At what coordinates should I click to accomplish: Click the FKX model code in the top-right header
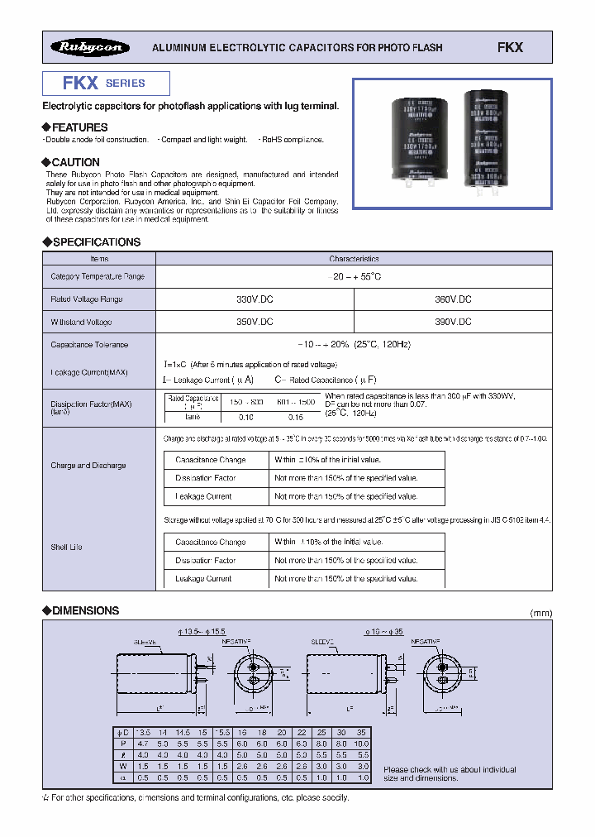coord(510,48)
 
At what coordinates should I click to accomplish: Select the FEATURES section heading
coord(79,127)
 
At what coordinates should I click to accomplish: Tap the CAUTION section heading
coord(75,162)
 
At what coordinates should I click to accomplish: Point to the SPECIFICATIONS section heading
coord(96,242)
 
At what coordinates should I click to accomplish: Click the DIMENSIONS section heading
coord(85,610)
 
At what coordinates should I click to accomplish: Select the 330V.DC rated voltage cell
coord(255,299)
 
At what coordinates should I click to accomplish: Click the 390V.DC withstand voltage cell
coord(454,322)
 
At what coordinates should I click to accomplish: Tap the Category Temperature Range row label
coord(98,276)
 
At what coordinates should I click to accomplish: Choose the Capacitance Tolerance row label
coord(89,345)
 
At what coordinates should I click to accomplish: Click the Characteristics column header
coord(354,259)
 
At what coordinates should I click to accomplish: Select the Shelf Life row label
coord(66,547)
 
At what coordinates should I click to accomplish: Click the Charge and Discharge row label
coord(88,466)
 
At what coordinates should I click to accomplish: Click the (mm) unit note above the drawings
coord(540,613)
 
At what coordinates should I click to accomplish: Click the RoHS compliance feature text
coord(291,140)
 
